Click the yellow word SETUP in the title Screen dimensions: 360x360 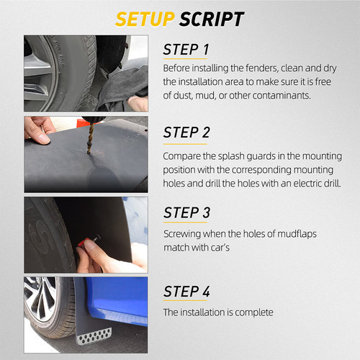(x=145, y=19)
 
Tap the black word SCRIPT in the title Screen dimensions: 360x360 (x=212, y=19)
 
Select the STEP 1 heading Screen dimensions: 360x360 (x=186, y=50)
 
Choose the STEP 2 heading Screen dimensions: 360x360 (x=186, y=132)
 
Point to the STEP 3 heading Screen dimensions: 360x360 (x=186, y=212)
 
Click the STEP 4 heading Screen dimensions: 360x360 (x=186, y=292)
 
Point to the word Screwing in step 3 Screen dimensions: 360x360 (x=182, y=234)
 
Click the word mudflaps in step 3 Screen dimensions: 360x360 (x=297, y=234)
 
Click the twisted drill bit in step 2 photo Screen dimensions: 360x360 (x=91, y=138)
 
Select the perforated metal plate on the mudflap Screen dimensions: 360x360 (x=94, y=336)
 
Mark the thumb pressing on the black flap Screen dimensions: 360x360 (x=41, y=138)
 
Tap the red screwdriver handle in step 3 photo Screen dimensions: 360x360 (x=84, y=242)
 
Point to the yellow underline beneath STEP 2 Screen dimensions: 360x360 (x=185, y=144)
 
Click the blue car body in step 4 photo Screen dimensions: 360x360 (x=117, y=297)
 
